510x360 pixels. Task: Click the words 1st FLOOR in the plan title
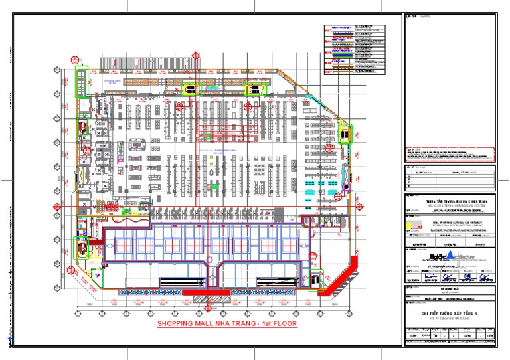click(272, 325)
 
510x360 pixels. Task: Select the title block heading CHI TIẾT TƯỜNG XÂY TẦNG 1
click(450, 313)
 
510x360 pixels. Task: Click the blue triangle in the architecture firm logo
click(452, 255)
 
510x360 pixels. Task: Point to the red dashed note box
click(450, 154)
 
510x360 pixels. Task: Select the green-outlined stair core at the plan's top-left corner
click(82, 81)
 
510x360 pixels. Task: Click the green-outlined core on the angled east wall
click(345, 134)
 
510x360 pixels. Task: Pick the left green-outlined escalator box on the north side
click(189, 89)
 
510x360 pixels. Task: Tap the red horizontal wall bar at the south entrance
click(207, 292)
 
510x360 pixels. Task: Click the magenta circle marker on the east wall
click(345, 188)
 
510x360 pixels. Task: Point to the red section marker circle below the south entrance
click(208, 307)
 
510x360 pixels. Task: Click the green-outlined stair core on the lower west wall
click(82, 247)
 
